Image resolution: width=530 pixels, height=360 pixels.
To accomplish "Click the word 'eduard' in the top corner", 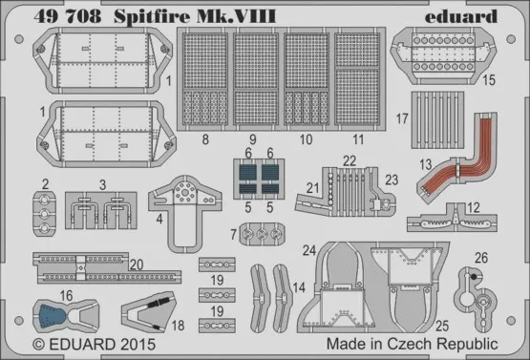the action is pyautogui.click(x=460, y=17).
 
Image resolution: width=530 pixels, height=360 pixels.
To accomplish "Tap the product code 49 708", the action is pyautogui.click(x=68, y=16).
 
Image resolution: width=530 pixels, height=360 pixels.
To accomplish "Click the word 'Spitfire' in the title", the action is pyautogui.click(x=152, y=17).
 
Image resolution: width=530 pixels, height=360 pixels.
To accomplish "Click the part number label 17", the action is pyautogui.click(x=402, y=118).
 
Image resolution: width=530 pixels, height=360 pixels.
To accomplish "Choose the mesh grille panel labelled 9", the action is pyautogui.click(x=256, y=79).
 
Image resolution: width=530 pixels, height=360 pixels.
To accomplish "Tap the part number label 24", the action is pyautogui.click(x=309, y=250).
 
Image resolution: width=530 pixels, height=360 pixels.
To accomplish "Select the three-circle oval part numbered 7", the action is pyautogui.click(x=262, y=234).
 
